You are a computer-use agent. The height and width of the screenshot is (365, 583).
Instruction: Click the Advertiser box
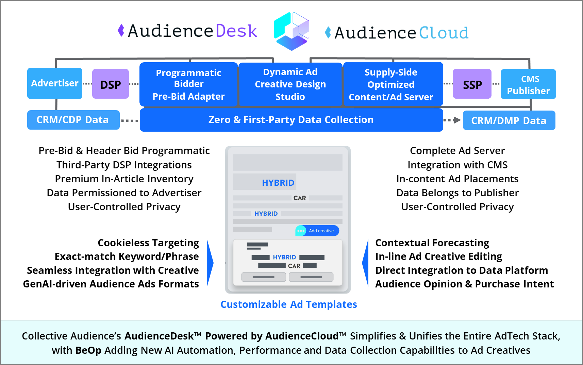point(55,83)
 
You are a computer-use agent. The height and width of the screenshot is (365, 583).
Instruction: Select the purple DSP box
point(111,84)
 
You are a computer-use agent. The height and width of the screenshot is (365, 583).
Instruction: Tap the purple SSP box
point(472,84)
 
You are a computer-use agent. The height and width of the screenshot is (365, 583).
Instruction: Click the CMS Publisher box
point(528,84)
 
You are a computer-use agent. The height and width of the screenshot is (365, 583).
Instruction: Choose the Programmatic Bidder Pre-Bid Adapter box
point(188,84)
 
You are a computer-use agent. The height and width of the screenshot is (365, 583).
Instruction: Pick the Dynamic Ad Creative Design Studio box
point(290,84)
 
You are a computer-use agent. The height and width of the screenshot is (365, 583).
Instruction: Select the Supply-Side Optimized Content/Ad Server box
point(393,84)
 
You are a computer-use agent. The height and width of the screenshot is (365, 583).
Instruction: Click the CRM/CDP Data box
point(73,120)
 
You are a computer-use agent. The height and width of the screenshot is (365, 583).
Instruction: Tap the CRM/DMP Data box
point(509,120)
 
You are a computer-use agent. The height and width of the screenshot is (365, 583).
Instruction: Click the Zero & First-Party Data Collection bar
point(291,120)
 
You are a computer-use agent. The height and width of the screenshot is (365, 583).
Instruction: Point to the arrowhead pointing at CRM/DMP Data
point(457,120)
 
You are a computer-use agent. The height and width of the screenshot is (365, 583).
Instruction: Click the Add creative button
point(317,231)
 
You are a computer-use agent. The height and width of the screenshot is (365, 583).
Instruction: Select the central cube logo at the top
point(291,31)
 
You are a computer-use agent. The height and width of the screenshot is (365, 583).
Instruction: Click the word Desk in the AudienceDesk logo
point(236,31)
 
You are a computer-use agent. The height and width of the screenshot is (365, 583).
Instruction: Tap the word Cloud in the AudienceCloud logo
point(444,33)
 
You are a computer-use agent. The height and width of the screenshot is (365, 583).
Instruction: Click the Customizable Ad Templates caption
point(288,304)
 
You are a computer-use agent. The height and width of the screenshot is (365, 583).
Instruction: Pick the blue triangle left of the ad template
point(210,263)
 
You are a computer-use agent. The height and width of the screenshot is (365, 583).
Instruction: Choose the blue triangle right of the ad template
point(366,263)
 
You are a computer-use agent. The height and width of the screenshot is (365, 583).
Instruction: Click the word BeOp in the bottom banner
point(88,350)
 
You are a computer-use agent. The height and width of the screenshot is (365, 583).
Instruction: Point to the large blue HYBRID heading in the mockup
point(278,183)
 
